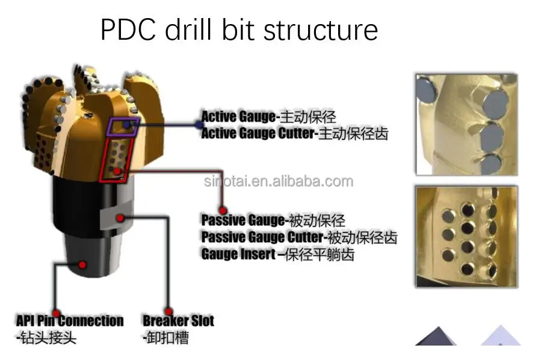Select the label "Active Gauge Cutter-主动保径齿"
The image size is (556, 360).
(x=294, y=133)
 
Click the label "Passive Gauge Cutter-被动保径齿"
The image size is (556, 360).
(x=299, y=237)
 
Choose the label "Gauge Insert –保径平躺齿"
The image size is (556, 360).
(x=277, y=254)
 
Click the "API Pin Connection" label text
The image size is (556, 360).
(x=70, y=320)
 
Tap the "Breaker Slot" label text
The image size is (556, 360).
(x=178, y=320)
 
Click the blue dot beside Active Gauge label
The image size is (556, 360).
(x=199, y=124)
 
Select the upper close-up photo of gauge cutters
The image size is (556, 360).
(x=466, y=125)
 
